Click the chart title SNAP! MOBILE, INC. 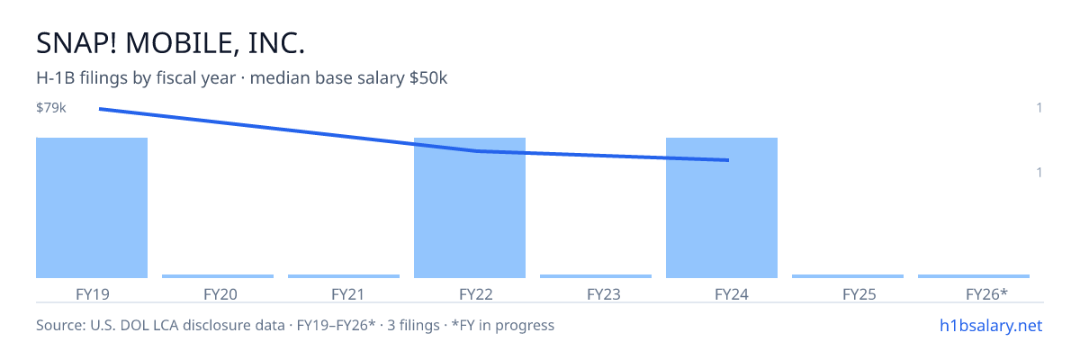171,43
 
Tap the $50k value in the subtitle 428,78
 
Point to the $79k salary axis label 51,107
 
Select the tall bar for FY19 92,208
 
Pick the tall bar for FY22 470,208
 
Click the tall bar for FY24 722,208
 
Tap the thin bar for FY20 218,276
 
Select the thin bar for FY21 344,276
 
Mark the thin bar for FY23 596,276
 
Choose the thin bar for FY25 848,276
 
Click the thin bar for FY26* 974,276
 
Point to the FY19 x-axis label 93,294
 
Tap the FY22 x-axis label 476,294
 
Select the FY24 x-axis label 732,294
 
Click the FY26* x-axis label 986,294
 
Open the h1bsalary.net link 991,326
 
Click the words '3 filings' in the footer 413,326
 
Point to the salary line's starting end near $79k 100,110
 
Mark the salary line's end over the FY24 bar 728,160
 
